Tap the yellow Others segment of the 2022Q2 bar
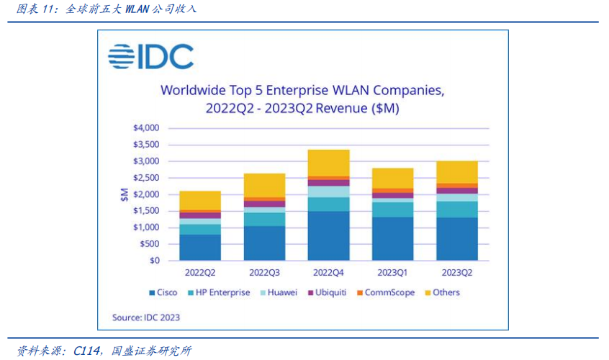(x=200, y=200)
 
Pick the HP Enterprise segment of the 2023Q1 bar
(x=392, y=209)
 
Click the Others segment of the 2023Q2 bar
(x=457, y=172)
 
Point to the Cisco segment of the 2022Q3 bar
(x=265, y=243)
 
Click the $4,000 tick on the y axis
(x=147, y=128)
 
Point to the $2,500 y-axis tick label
(x=147, y=178)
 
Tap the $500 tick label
(x=150, y=244)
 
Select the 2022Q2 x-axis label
(x=200, y=274)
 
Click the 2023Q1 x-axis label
(x=392, y=274)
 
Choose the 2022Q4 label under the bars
(x=329, y=274)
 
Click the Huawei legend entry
(x=282, y=292)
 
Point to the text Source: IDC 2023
(x=146, y=317)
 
